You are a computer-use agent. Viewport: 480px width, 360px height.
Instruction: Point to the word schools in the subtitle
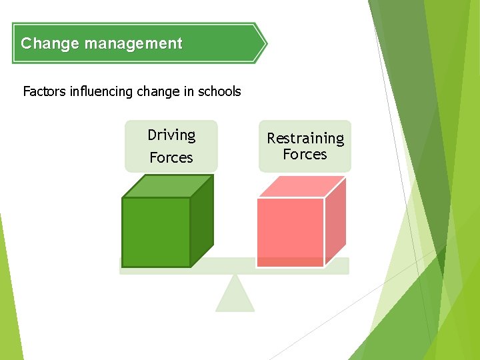click(x=219, y=91)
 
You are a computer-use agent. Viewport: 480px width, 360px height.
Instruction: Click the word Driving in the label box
click(x=171, y=135)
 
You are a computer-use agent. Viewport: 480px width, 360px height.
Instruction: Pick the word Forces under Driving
click(x=171, y=158)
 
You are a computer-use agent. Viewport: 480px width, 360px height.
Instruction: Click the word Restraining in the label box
click(x=305, y=139)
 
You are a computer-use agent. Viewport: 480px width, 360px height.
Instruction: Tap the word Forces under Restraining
click(x=305, y=155)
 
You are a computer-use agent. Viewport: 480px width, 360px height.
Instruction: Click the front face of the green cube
click(x=156, y=232)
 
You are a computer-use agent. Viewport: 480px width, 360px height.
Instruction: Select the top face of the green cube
click(x=167, y=186)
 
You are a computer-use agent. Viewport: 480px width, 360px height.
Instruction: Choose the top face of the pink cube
click(x=301, y=187)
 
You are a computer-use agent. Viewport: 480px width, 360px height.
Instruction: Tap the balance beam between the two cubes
click(x=235, y=266)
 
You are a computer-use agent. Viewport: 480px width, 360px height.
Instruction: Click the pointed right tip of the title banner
click(x=264, y=44)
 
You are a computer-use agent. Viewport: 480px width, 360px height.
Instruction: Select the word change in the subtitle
click(x=157, y=91)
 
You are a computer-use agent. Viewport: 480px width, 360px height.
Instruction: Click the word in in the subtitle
click(x=188, y=91)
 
